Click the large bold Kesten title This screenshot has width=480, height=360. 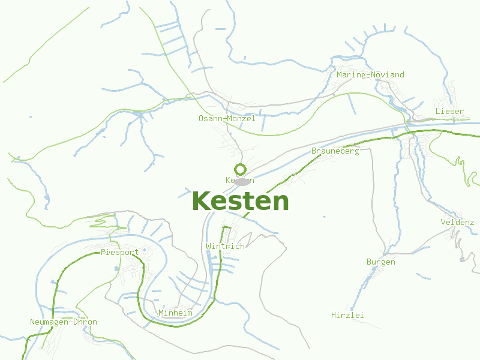pyautogui.click(x=240, y=202)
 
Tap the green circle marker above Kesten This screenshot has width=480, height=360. pyautogui.click(x=240, y=169)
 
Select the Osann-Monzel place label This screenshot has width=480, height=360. pyautogui.click(x=227, y=119)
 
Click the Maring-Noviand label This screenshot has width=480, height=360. pyautogui.click(x=370, y=75)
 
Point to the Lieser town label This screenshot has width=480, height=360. pyautogui.click(x=449, y=112)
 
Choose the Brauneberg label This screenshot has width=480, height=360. pyautogui.click(x=335, y=151)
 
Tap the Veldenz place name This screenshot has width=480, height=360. pyautogui.click(x=457, y=223)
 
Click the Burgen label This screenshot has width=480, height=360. pyautogui.click(x=381, y=262)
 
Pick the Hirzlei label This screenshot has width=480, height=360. pyautogui.click(x=348, y=315)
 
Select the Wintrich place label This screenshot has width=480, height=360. pyautogui.click(x=225, y=247)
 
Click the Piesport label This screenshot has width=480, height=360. pyautogui.click(x=120, y=253)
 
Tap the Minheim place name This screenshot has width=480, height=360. pyautogui.click(x=175, y=313)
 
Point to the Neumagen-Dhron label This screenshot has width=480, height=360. pyautogui.click(x=64, y=322)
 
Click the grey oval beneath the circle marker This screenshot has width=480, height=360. pyautogui.click(x=242, y=182)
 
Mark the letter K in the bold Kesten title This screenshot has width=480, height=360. pyautogui.click(x=201, y=202)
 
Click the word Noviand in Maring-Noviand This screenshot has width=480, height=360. pyautogui.click(x=388, y=75)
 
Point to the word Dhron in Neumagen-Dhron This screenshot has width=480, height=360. pyautogui.click(x=85, y=322)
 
